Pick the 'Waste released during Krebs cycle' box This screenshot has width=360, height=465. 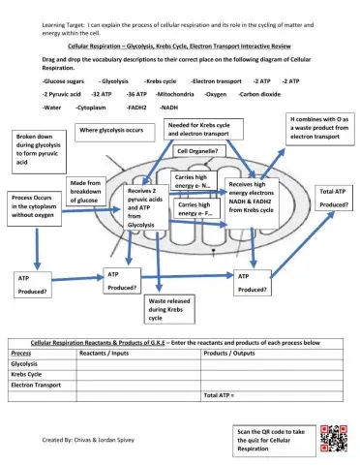[167, 310]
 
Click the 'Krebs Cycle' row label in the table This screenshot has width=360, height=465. [28, 373]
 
